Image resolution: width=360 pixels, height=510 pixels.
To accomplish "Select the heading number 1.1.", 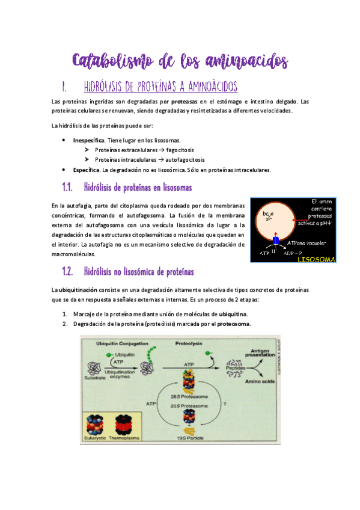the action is pyautogui.click(x=70, y=188).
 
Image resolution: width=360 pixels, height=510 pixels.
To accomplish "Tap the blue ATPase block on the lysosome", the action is pyautogui.click(x=275, y=241).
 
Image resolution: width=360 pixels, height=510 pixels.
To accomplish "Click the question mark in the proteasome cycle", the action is pyautogui.click(x=224, y=404).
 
